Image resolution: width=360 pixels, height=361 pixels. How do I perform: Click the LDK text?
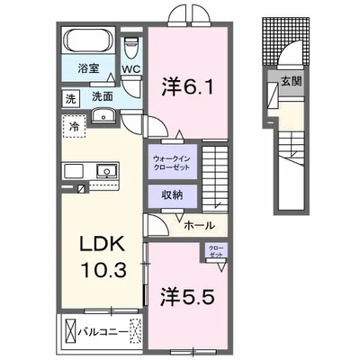pyautogui.click(x=97, y=243)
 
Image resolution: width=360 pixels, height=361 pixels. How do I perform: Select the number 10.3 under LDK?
pyautogui.click(x=97, y=267)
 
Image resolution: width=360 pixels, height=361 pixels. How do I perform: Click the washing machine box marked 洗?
pyautogui.click(x=69, y=97)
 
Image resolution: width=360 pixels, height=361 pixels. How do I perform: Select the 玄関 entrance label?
pyautogui.click(x=290, y=82)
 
